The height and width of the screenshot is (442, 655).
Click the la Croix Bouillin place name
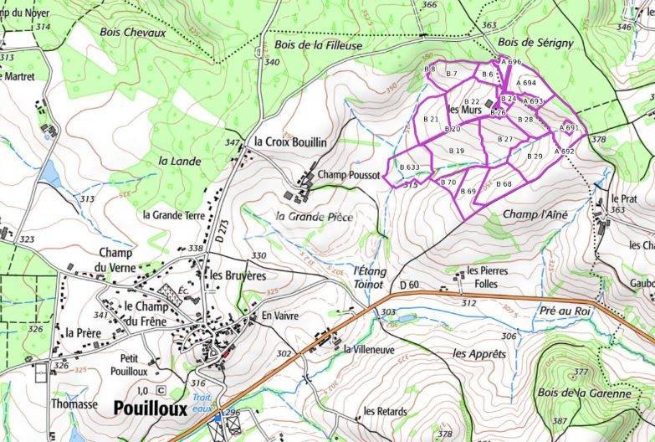click(x=290, y=141)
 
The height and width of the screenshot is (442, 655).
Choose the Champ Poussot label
click(x=349, y=176)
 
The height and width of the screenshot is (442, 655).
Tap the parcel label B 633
click(x=409, y=167)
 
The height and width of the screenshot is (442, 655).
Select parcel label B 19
click(x=457, y=151)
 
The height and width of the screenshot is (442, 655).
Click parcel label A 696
click(x=511, y=62)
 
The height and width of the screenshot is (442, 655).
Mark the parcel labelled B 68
click(x=504, y=183)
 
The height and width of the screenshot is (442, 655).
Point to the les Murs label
click(x=465, y=110)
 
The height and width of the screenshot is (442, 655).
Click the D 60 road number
click(x=409, y=286)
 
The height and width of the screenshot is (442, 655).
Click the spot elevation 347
click(x=232, y=143)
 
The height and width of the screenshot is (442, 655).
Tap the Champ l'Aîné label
click(x=535, y=215)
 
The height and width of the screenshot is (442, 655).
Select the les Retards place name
click(x=385, y=412)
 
